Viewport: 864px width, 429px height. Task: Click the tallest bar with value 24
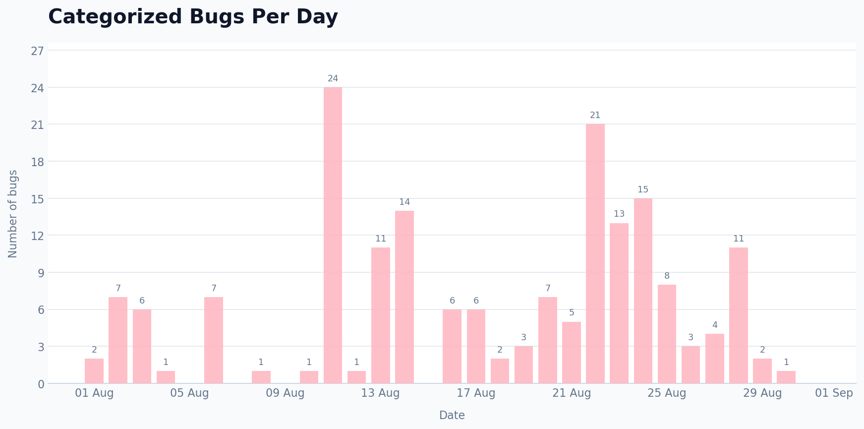coord(333,235)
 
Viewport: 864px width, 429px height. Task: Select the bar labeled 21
coord(595,253)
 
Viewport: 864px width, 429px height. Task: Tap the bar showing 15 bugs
coord(643,291)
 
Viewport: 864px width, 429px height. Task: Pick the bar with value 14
coord(404,297)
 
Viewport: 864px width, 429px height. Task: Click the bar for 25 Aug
coord(667,334)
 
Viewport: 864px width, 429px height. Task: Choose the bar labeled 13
coord(619,303)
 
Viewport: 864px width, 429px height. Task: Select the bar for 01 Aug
coord(94,371)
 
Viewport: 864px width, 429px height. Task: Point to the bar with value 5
coord(572,353)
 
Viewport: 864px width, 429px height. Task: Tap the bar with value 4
coord(715,359)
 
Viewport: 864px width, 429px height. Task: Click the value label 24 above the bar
coord(333,79)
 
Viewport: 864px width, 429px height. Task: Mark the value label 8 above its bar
coord(667,276)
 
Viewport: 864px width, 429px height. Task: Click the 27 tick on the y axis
coord(38,51)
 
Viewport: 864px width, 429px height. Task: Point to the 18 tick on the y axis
coord(38,162)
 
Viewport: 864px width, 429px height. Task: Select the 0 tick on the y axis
coord(41,384)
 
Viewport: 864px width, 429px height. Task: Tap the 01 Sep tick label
coord(834,393)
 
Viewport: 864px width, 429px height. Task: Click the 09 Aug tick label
coord(285,393)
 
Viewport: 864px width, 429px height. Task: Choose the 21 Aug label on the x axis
coord(572,393)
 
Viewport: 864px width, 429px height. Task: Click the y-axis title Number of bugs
coord(13,214)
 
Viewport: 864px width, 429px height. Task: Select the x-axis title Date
coord(452,416)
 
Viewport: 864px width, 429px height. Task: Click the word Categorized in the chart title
coord(115,17)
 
